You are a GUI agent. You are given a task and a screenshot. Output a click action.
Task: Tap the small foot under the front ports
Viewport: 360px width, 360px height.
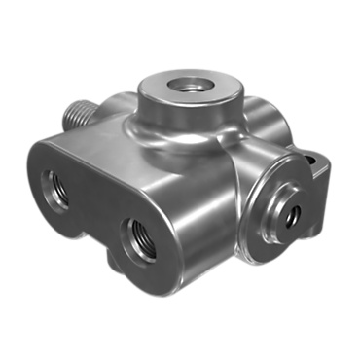117,260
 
